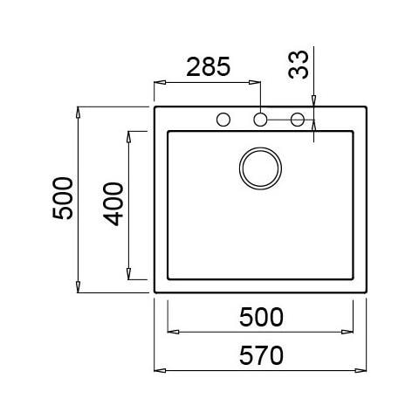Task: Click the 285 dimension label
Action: pos(209,67)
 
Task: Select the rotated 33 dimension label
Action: pos(298,65)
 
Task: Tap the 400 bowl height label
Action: pos(113,204)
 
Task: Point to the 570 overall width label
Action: pos(261,355)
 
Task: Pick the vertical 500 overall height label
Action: pos(63,198)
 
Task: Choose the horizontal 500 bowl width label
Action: pos(261,317)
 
